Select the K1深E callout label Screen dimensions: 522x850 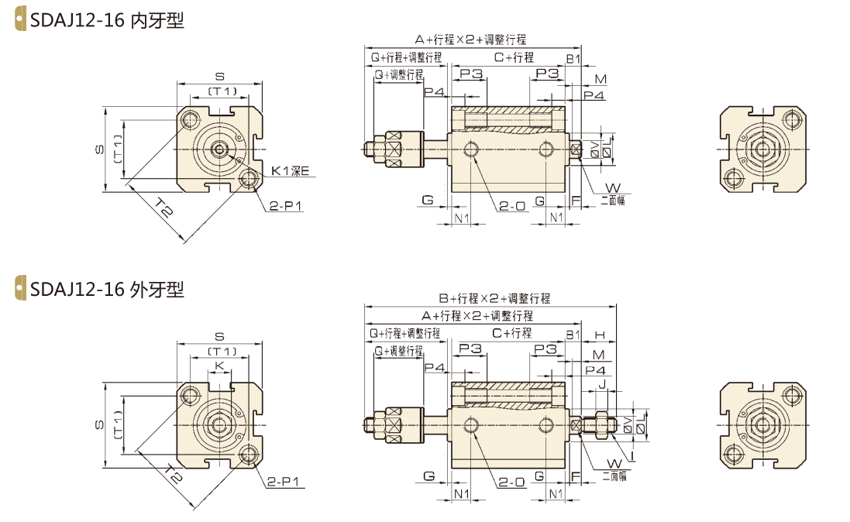(x=290, y=170)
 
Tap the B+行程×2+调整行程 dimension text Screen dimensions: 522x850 (x=494, y=298)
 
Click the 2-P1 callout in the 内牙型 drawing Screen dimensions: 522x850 (x=285, y=206)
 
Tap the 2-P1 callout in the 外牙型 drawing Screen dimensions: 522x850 (x=284, y=482)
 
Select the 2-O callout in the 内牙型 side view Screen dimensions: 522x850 (x=512, y=206)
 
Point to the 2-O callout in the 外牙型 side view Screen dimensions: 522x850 (x=512, y=482)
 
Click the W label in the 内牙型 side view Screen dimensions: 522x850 (x=612, y=187)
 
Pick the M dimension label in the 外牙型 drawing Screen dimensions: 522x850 (x=598, y=354)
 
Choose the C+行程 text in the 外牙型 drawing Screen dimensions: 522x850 (x=511, y=334)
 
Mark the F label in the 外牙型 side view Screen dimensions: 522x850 (x=575, y=475)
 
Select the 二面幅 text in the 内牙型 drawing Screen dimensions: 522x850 (x=613, y=200)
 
